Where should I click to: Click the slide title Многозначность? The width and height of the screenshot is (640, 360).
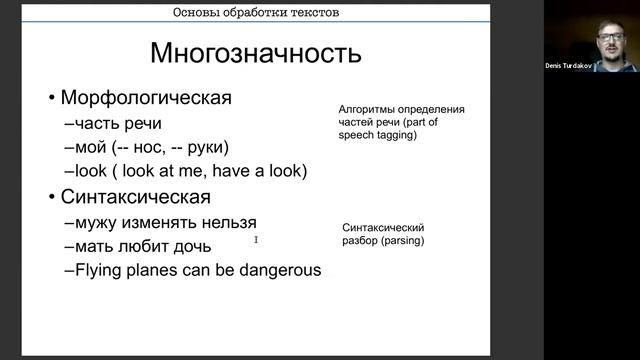[255, 52]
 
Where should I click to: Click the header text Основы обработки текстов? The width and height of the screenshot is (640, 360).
[255, 13]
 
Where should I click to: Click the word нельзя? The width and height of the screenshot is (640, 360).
[228, 222]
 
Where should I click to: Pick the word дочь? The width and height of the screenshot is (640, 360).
[191, 246]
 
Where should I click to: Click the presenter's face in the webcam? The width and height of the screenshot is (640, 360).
[609, 38]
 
